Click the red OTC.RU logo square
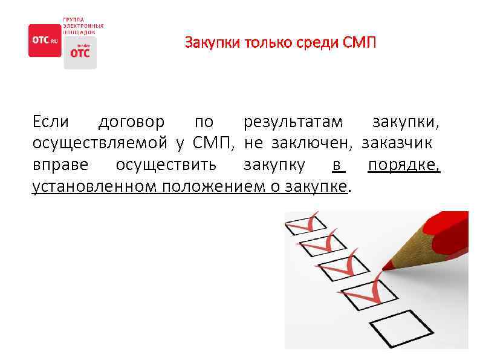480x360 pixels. [x=45, y=41]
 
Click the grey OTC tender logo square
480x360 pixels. [x=80, y=53]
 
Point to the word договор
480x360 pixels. [x=131, y=123]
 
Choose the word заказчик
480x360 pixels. [x=397, y=144]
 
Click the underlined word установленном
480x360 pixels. [x=95, y=186]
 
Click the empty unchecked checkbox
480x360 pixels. [x=394, y=329]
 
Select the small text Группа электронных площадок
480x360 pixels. [x=83, y=25]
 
